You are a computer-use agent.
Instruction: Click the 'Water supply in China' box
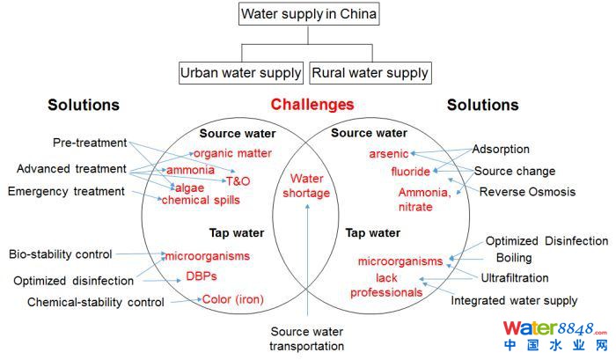pyautogui.click(x=309, y=15)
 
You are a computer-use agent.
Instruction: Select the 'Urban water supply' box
pyautogui.click(x=240, y=72)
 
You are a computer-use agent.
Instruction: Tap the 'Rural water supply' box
pyautogui.click(x=370, y=72)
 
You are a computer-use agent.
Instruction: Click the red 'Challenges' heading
pyautogui.click(x=312, y=105)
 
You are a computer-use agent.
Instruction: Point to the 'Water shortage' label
pyautogui.click(x=310, y=186)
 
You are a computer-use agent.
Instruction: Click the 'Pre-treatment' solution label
pyautogui.click(x=90, y=143)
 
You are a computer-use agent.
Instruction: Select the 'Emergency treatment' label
pyautogui.click(x=66, y=191)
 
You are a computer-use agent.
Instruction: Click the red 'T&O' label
pyautogui.click(x=238, y=181)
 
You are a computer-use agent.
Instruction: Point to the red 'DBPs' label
pyautogui.click(x=201, y=276)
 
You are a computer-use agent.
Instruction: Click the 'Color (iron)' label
pyautogui.click(x=232, y=299)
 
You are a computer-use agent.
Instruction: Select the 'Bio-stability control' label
pyautogui.click(x=61, y=254)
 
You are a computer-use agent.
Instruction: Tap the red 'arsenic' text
pyautogui.click(x=388, y=154)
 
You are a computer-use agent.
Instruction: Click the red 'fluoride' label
pyautogui.click(x=411, y=171)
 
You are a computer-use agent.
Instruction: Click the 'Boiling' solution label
pyautogui.click(x=514, y=258)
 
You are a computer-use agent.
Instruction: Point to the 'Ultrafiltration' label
pyautogui.click(x=515, y=277)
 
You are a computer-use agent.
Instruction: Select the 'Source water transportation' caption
pyautogui.click(x=307, y=338)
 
